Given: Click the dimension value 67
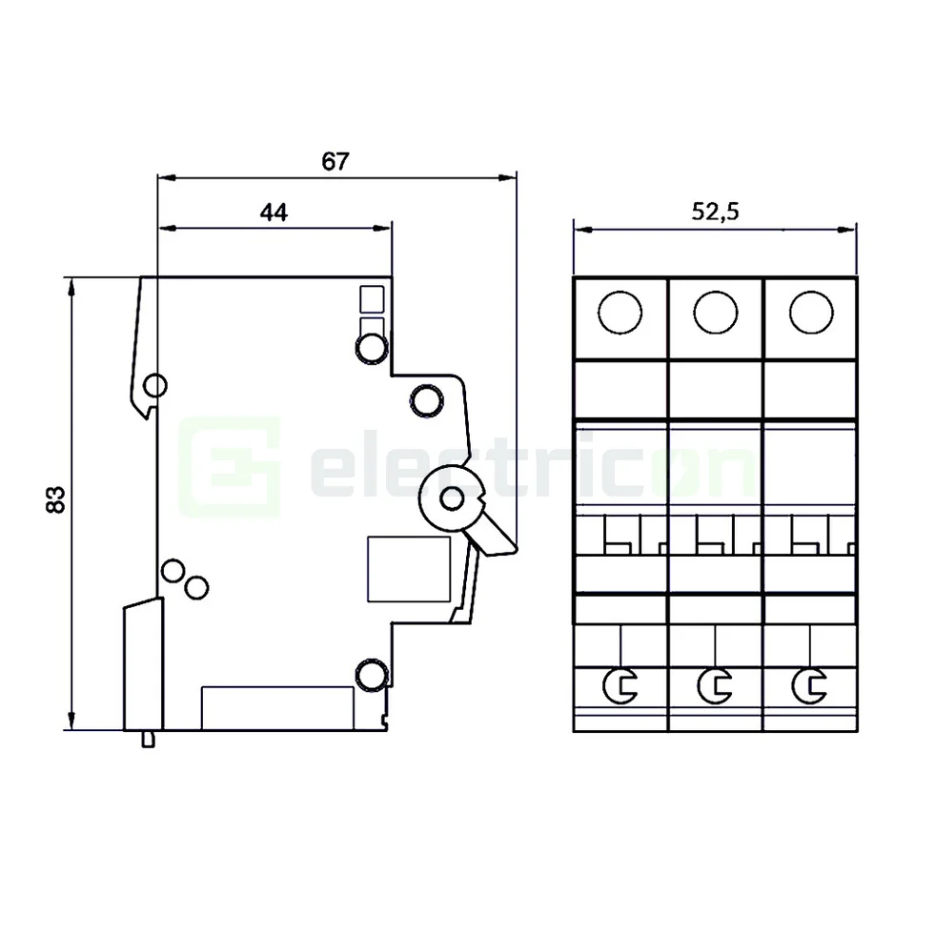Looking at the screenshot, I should (x=335, y=161).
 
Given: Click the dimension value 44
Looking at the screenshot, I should (x=274, y=213).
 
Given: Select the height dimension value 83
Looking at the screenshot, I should (x=55, y=501).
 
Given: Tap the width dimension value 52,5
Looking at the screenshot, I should (x=715, y=213).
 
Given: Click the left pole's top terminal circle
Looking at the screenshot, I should (x=619, y=312).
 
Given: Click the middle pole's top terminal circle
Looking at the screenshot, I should (x=715, y=312).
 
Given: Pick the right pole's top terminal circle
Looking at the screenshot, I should (x=810, y=312).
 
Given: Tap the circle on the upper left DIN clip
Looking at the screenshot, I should (x=154, y=386).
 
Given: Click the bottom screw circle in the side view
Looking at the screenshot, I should (x=370, y=675).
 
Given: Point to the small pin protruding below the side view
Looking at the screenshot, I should (x=148, y=739).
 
